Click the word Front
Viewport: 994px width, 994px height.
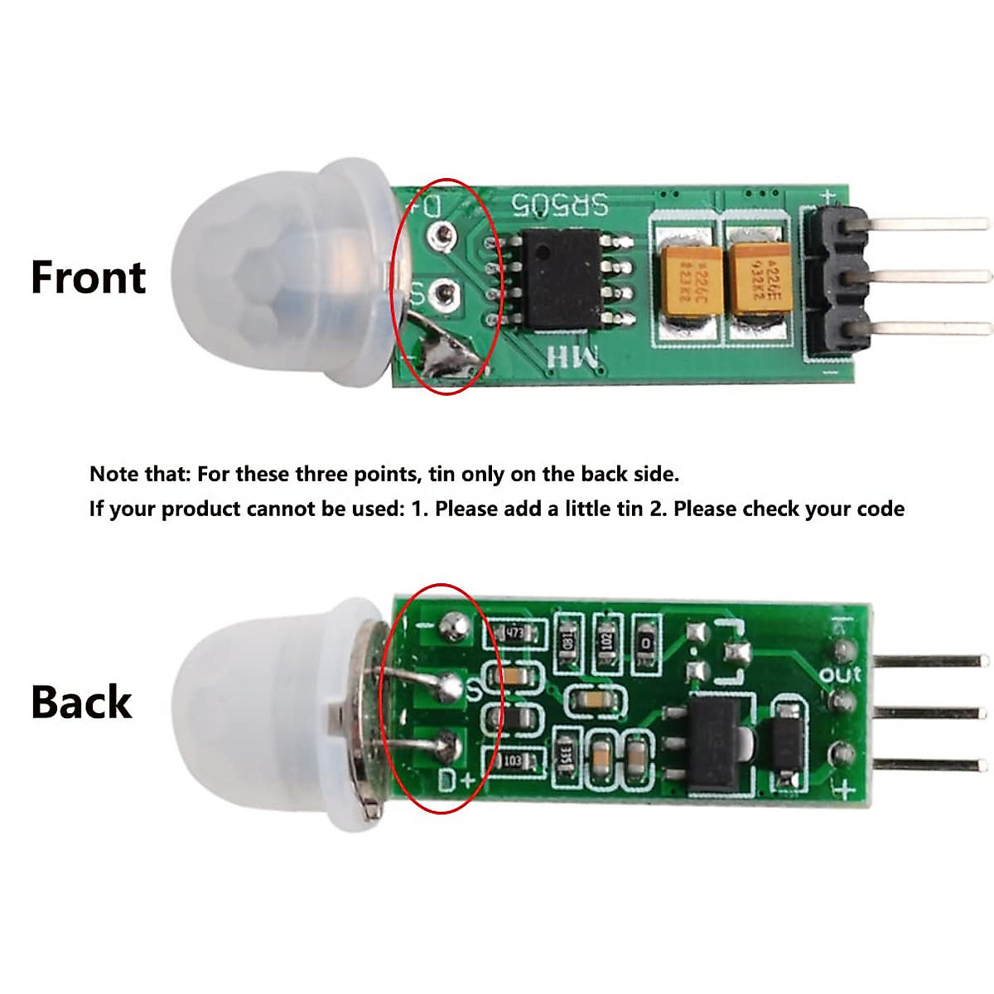(88, 277)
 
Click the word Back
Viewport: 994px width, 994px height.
(81, 702)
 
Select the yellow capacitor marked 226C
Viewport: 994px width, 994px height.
(685, 282)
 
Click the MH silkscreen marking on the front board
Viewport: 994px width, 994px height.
(572, 357)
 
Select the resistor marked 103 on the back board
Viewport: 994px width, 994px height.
(513, 760)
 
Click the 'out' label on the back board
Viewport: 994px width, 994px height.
(840, 674)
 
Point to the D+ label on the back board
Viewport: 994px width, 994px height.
(456, 779)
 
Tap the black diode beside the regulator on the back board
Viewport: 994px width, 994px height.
(787, 741)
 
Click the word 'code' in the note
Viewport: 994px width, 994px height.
(881, 509)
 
